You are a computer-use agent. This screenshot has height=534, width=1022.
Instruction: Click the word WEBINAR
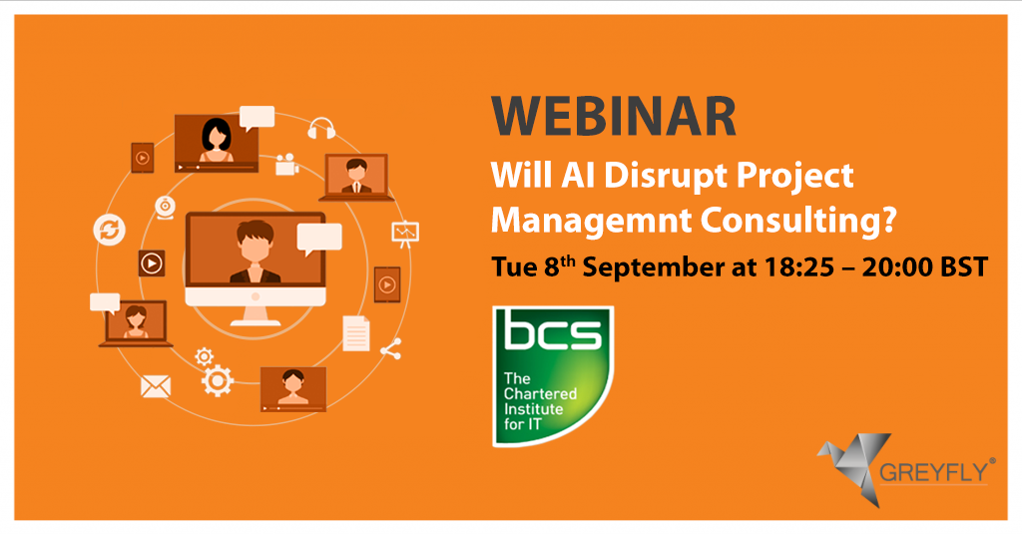[614, 116]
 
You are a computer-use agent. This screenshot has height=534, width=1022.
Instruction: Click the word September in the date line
[653, 267]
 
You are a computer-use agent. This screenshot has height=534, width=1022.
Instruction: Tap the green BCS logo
[552, 376]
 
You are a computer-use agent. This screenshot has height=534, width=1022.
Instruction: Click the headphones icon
[321, 129]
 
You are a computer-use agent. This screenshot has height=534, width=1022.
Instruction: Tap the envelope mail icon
[156, 386]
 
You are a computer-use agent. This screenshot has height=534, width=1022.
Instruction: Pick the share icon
[391, 349]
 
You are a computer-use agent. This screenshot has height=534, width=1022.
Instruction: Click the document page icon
[356, 333]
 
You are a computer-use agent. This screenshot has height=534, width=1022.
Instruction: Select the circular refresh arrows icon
[110, 230]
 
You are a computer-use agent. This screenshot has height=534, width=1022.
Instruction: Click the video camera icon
[286, 165]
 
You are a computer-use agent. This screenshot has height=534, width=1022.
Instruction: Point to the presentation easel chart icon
[405, 235]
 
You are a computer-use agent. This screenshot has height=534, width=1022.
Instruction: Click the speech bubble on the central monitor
[319, 239]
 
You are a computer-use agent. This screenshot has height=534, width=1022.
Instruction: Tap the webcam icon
[165, 208]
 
